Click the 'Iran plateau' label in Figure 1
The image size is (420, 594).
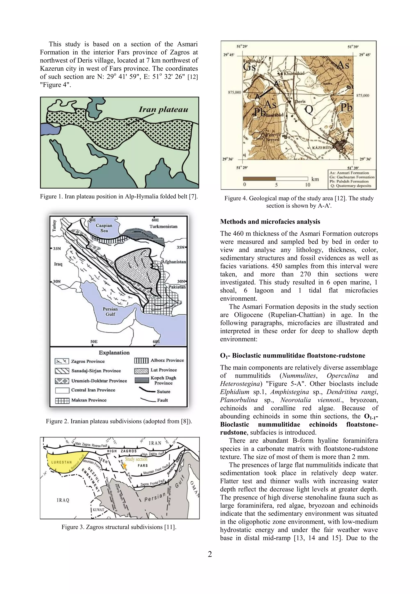[x=163, y=110]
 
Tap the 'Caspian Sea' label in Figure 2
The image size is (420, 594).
[x=104, y=228]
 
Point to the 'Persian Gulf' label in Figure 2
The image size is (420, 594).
[x=110, y=312]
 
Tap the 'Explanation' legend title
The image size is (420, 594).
[x=114, y=353]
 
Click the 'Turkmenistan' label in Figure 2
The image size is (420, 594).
[x=163, y=226]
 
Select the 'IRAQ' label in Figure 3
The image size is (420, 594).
[x=63, y=500]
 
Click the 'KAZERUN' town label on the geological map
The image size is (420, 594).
[x=322, y=147]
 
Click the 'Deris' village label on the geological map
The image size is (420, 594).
[x=300, y=102]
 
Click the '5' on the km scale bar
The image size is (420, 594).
[x=276, y=185]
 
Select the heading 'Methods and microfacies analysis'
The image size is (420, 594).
[x=270, y=222]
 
